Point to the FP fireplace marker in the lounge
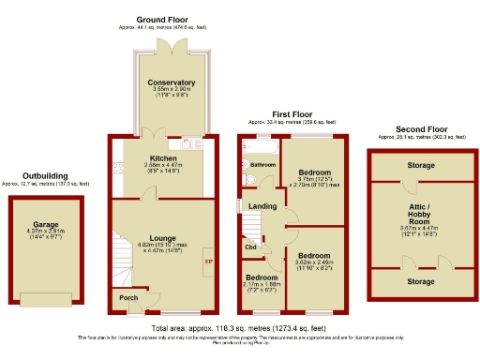pos(208,262)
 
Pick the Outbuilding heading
pos(44,175)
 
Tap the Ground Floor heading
pos(164,19)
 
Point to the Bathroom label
pos(262,164)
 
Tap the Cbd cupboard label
pos(250,247)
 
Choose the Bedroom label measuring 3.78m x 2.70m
pos(315,172)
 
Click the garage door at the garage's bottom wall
pos(47,299)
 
